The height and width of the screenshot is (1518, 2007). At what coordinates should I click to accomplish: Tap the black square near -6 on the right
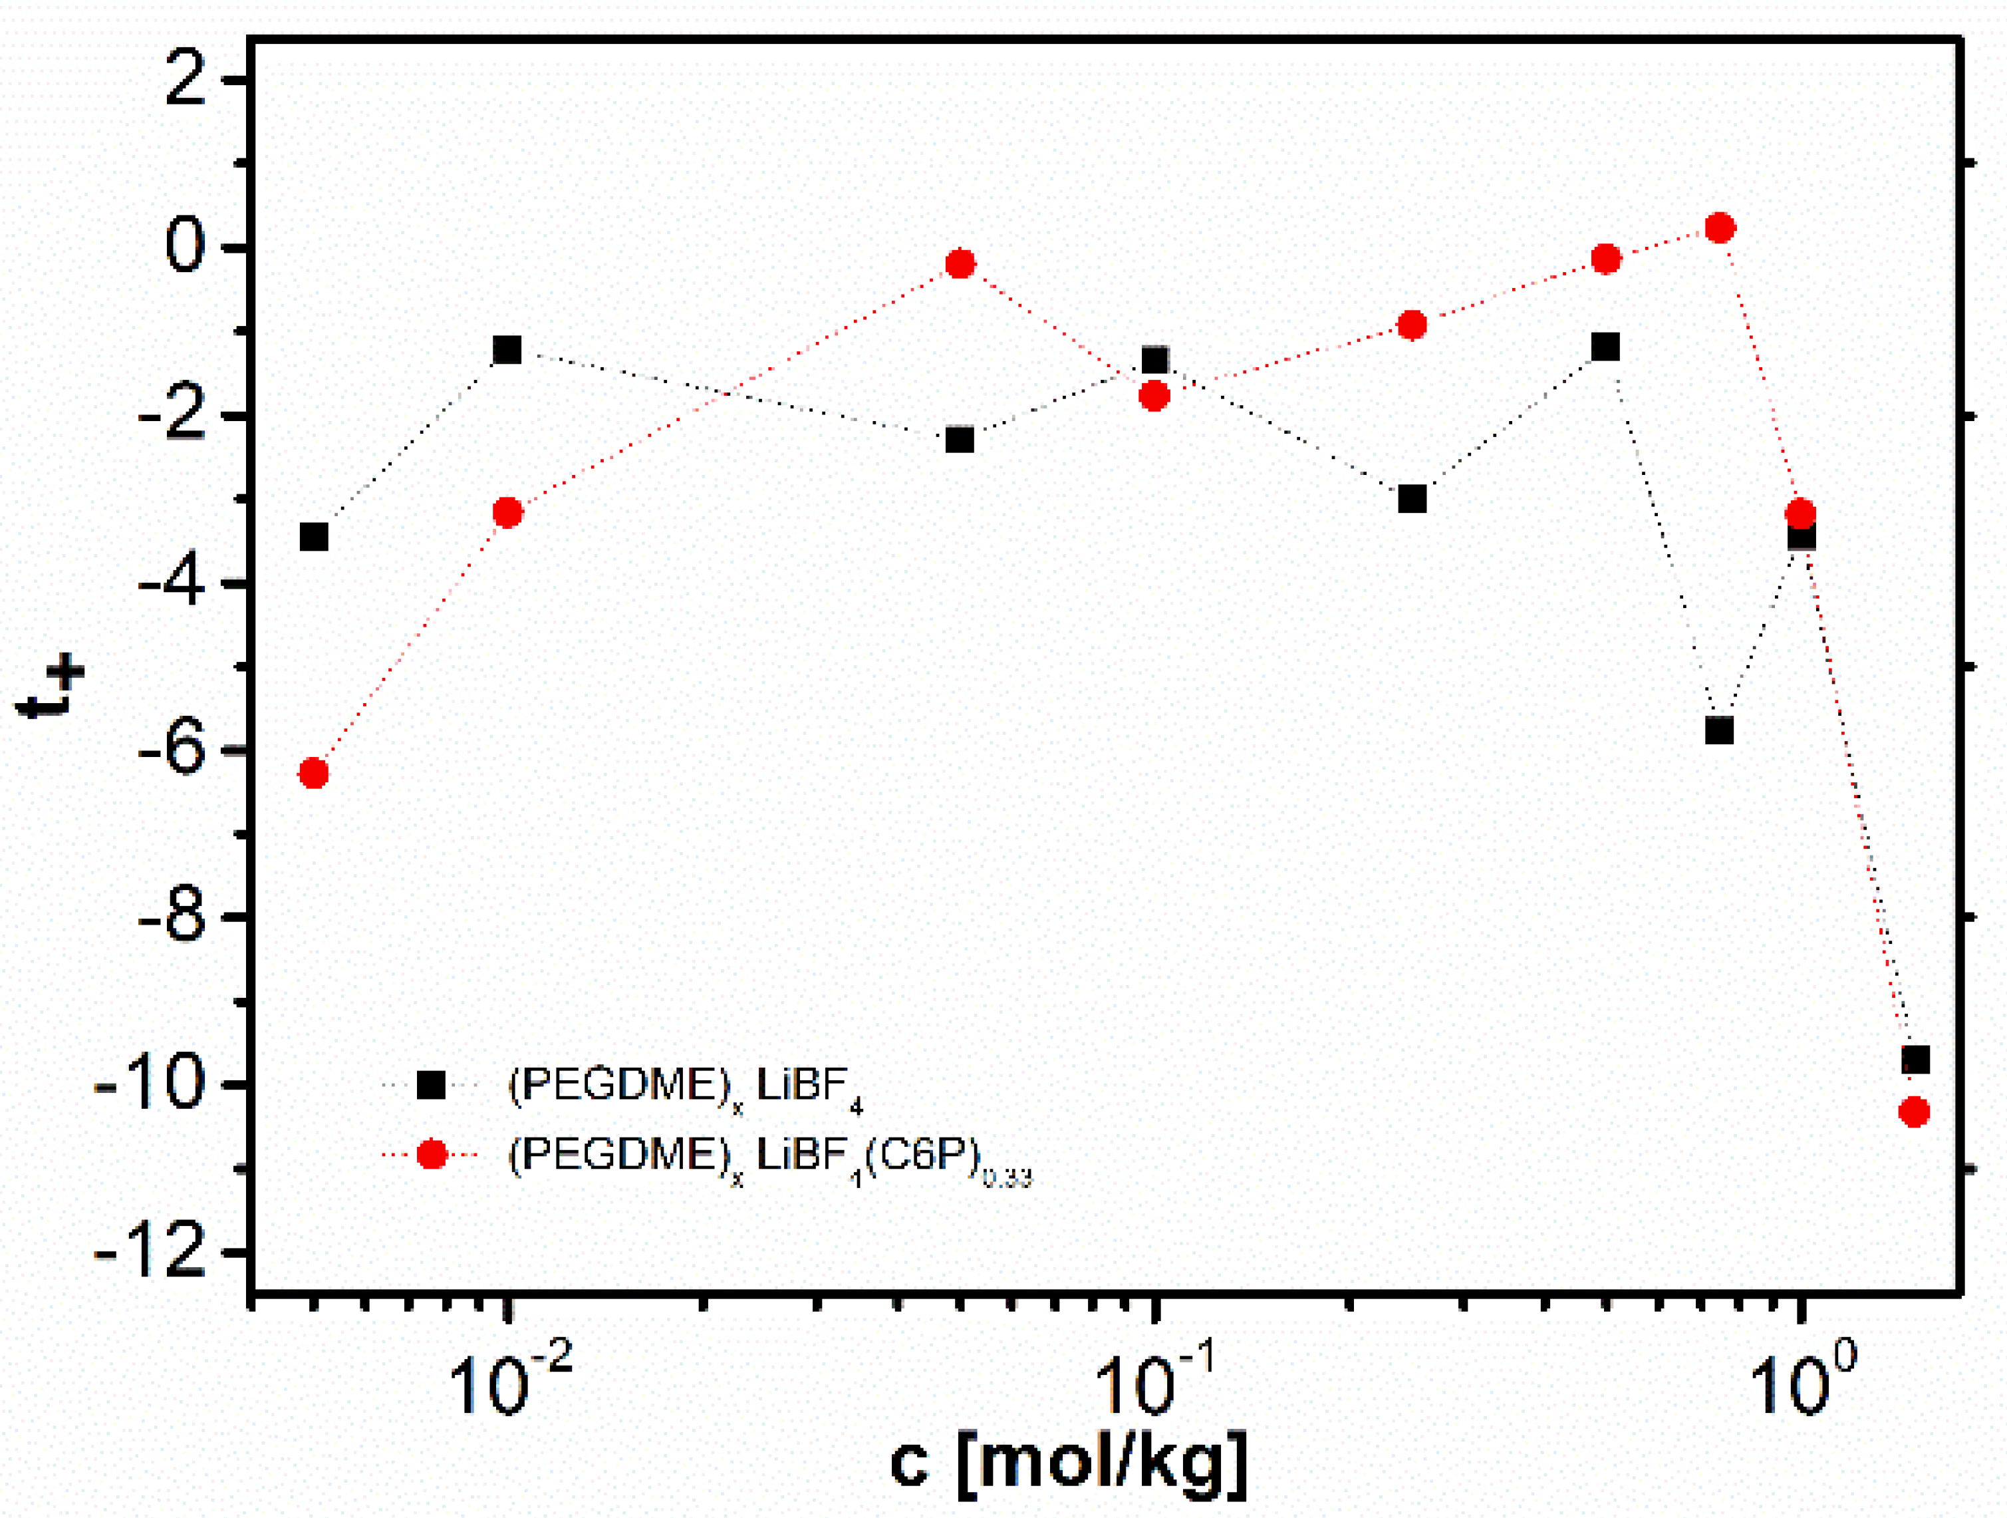1719,730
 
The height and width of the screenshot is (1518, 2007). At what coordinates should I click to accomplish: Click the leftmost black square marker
313,536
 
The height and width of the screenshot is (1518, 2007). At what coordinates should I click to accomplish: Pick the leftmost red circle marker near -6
313,773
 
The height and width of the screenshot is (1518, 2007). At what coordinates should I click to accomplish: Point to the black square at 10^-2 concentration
507,349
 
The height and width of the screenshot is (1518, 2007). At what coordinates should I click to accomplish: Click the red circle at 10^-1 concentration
1154,396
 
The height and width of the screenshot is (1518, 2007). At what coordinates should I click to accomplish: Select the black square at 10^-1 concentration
1154,361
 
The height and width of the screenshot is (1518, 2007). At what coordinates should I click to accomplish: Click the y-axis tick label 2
186,82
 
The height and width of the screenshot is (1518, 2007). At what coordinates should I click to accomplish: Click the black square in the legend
431,1085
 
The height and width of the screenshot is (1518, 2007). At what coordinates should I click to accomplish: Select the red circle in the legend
431,1154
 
